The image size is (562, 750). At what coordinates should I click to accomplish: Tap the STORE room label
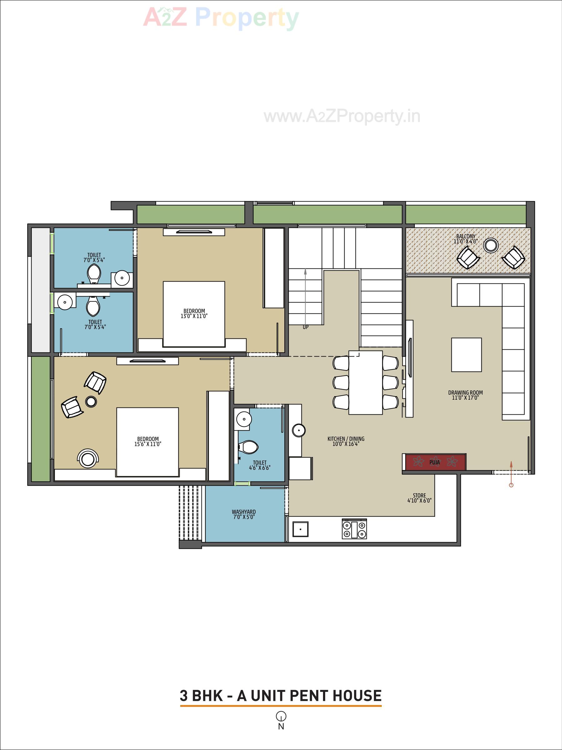pos(419,498)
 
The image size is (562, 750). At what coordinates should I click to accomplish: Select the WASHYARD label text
pos(244,514)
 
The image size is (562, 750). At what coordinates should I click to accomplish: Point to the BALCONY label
pos(466,239)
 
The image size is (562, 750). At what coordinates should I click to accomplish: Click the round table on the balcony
pos(491,245)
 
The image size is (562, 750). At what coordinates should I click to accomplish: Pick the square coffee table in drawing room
pos(466,355)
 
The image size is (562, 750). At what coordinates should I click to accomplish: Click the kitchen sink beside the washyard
pos(300,529)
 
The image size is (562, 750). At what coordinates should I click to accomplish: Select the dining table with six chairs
pos(366,382)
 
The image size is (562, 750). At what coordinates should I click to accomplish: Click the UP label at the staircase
pos(306,327)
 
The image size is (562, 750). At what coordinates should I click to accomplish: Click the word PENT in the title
pos(310,696)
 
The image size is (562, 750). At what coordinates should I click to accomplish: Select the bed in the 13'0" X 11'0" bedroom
pos(194,314)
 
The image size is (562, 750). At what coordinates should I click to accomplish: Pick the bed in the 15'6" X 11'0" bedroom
pos(147,442)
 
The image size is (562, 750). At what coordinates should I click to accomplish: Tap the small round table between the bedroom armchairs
pos(91,402)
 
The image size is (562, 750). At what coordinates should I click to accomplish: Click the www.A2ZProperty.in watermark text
pos(342,116)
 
